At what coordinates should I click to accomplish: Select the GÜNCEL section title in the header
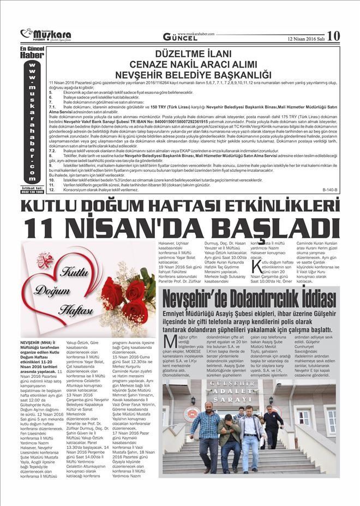pos(181,38)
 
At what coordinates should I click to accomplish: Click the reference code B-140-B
pos(330,189)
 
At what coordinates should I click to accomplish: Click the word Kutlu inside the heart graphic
pos(71,271)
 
